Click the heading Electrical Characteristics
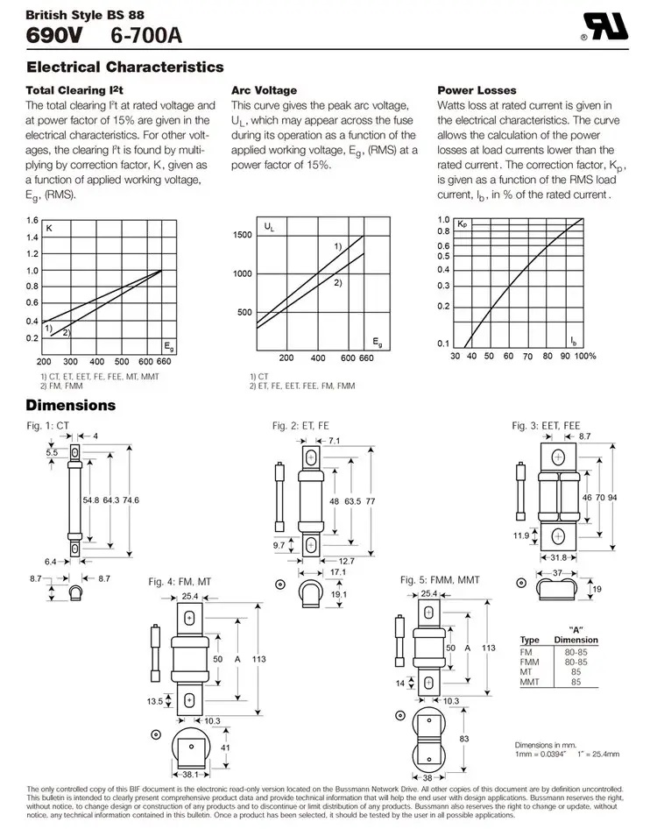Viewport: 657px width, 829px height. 125,67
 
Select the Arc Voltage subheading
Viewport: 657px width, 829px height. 264,90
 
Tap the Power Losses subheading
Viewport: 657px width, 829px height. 477,90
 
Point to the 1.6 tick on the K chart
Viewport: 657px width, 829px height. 32,220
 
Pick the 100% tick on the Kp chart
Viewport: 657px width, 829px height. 585,357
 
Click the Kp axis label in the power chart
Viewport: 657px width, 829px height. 463,225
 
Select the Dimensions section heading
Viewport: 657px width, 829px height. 70,406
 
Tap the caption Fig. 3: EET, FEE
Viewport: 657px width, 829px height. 546,426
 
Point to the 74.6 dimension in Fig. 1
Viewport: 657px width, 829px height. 132,500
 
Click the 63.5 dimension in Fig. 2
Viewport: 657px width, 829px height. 353,501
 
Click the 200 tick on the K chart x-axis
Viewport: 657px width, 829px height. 44,361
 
